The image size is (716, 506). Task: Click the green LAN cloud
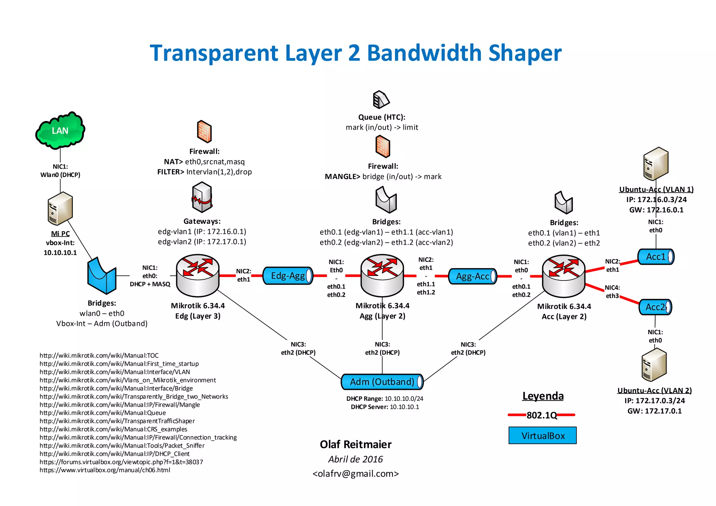pos(60,130)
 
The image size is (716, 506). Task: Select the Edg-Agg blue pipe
pos(287,276)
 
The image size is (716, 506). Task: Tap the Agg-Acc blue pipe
pos(472,277)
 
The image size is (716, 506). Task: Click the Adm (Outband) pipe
pos(382,382)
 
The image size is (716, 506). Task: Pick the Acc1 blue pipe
pos(656,257)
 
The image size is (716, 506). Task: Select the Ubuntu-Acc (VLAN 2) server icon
pos(654,365)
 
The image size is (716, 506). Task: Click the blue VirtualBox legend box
pos(543,435)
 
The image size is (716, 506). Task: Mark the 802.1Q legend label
pos(542,415)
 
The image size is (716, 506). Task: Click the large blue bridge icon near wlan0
pos(101,276)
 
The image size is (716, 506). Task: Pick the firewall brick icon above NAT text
pos(204,131)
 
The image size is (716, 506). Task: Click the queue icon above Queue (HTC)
pos(381,100)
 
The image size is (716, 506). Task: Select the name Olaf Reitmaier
pos(356,444)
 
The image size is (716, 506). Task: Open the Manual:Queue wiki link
pos(103,413)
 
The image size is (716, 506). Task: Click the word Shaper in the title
pos(525,53)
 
